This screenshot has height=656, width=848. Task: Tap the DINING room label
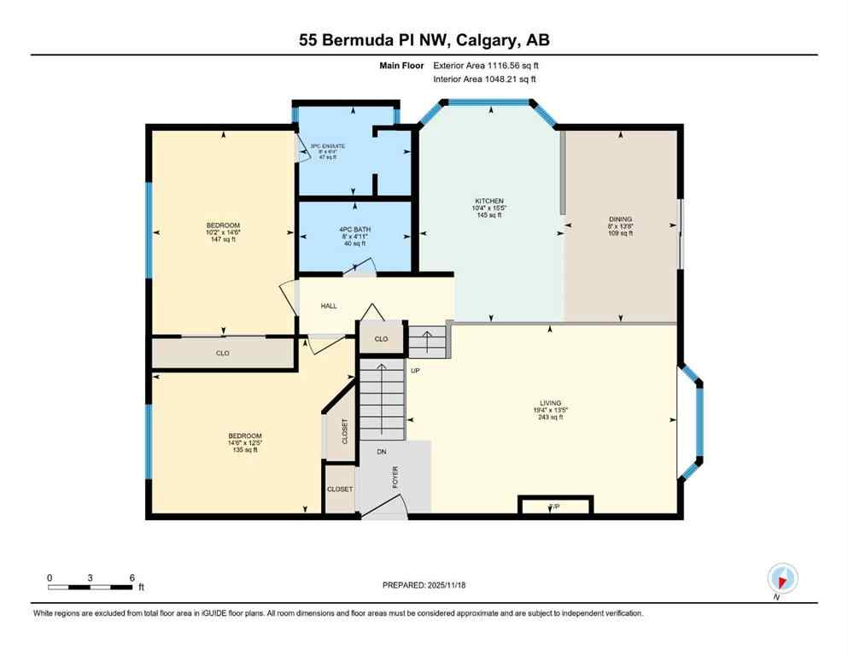[620, 220]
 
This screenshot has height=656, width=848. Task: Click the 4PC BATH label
[354, 230]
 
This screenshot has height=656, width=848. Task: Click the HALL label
[330, 306]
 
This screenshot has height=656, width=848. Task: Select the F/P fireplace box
[553, 507]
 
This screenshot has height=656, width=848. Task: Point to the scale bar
[91, 587]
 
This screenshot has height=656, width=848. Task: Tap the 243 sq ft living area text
[548, 417]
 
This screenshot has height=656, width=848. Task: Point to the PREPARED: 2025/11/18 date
[424, 585]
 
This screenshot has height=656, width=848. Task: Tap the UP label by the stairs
[416, 371]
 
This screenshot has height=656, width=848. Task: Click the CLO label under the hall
[381, 339]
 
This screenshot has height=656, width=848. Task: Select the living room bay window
[692, 422]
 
